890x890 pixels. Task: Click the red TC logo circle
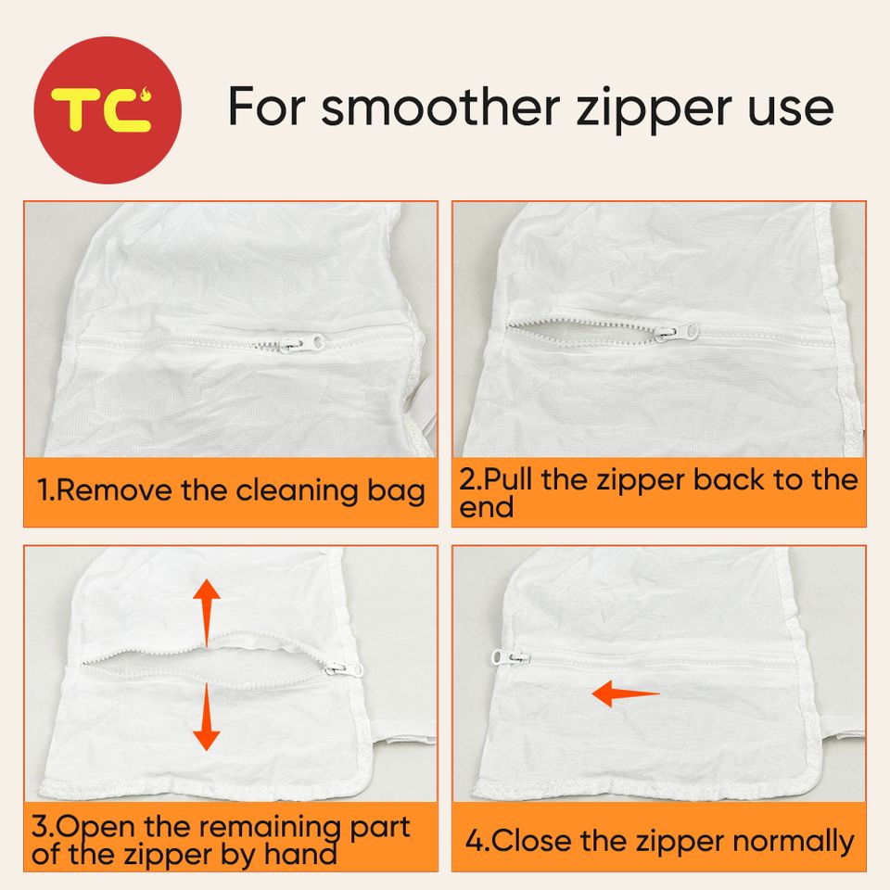pos(108,110)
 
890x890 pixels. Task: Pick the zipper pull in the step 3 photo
pos(345,669)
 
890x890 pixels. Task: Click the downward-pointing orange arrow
pos(206,717)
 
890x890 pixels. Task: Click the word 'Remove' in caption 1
pos(116,489)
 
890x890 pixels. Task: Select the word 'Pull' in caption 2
pos(507,479)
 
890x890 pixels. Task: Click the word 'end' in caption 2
pos(487,507)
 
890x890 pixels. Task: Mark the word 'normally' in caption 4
pos(794,842)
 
